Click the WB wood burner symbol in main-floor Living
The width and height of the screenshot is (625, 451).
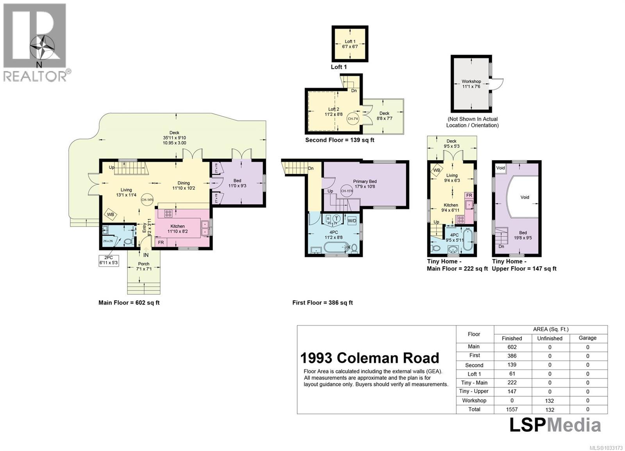(x=111, y=214)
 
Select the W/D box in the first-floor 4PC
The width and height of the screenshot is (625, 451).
(x=352, y=220)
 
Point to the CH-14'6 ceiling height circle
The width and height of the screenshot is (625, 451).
(x=147, y=200)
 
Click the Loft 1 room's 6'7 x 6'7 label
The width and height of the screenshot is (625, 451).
(x=350, y=46)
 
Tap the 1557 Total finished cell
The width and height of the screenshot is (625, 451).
(x=512, y=409)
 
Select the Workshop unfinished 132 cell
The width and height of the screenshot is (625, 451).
(x=550, y=401)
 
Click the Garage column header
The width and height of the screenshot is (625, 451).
(x=587, y=338)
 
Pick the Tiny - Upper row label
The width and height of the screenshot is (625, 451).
(x=474, y=391)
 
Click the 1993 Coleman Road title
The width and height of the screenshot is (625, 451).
(x=370, y=358)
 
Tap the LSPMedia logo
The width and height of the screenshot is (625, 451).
(x=555, y=425)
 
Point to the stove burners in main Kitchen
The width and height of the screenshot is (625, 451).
(x=168, y=214)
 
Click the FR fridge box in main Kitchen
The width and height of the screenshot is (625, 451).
(x=161, y=242)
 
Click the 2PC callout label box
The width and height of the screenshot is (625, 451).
(x=108, y=260)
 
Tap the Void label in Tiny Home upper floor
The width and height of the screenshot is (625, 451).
(x=525, y=197)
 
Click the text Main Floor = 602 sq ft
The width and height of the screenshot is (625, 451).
(x=129, y=303)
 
